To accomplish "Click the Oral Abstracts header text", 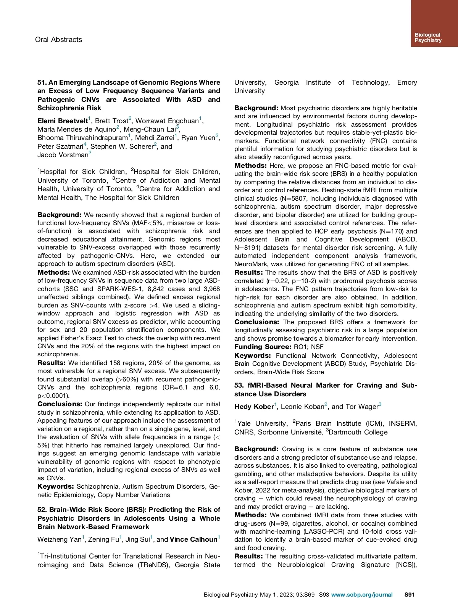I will point(58,40).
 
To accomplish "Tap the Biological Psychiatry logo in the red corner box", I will point(428,37).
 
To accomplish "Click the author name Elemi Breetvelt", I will point(63,121).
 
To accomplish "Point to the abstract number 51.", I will point(42,82).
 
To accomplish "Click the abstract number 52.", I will point(42,510).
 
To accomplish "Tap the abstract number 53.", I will point(239,385).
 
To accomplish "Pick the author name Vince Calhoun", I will point(194,539).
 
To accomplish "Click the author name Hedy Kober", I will point(254,407).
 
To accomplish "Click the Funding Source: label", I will point(263,347).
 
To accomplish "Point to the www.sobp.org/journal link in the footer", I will point(362,595).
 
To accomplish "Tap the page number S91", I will point(410,595).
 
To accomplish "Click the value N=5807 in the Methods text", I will point(293,198).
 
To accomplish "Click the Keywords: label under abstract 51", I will point(56,486).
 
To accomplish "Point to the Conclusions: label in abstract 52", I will point(257,322).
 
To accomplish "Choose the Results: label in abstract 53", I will point(248,556).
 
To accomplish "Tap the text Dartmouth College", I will point(358,432).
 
